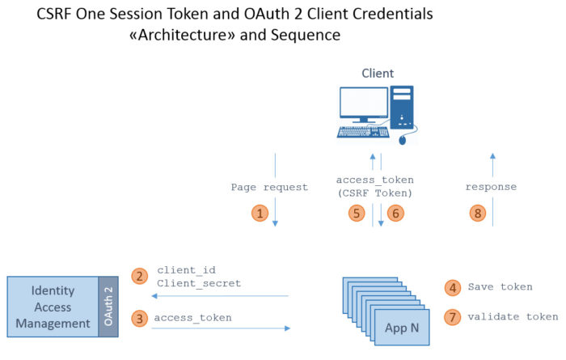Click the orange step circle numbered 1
pyautogui.click(x=260, y=213)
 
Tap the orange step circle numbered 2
pyautogui.click(x=139, y=276)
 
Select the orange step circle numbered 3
pyautogui.click(x=139, y=318)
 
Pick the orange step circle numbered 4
pyautogui.click(x=454, y=286)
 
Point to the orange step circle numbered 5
pyautogui.click(x=357, y=213)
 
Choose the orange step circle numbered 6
pyautogui.click(x=394, y=213)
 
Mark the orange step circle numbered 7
pyautogui.click(x=454, y=316)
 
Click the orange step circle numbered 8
pyautogui.click(x=479, y=213)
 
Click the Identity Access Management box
pyautogui.click(x=53, y=306)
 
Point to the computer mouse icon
pyautogui.click(x=403, y=140)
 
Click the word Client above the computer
pyautogui.click(x=377, y=74)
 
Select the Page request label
pyautogui.click(x=269, y=187)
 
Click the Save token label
pyautogui.click(x=500, y=286)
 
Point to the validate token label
pyautogui.click(x=513, y=316)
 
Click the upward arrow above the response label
pyautogui.click(x=492, y=162)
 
